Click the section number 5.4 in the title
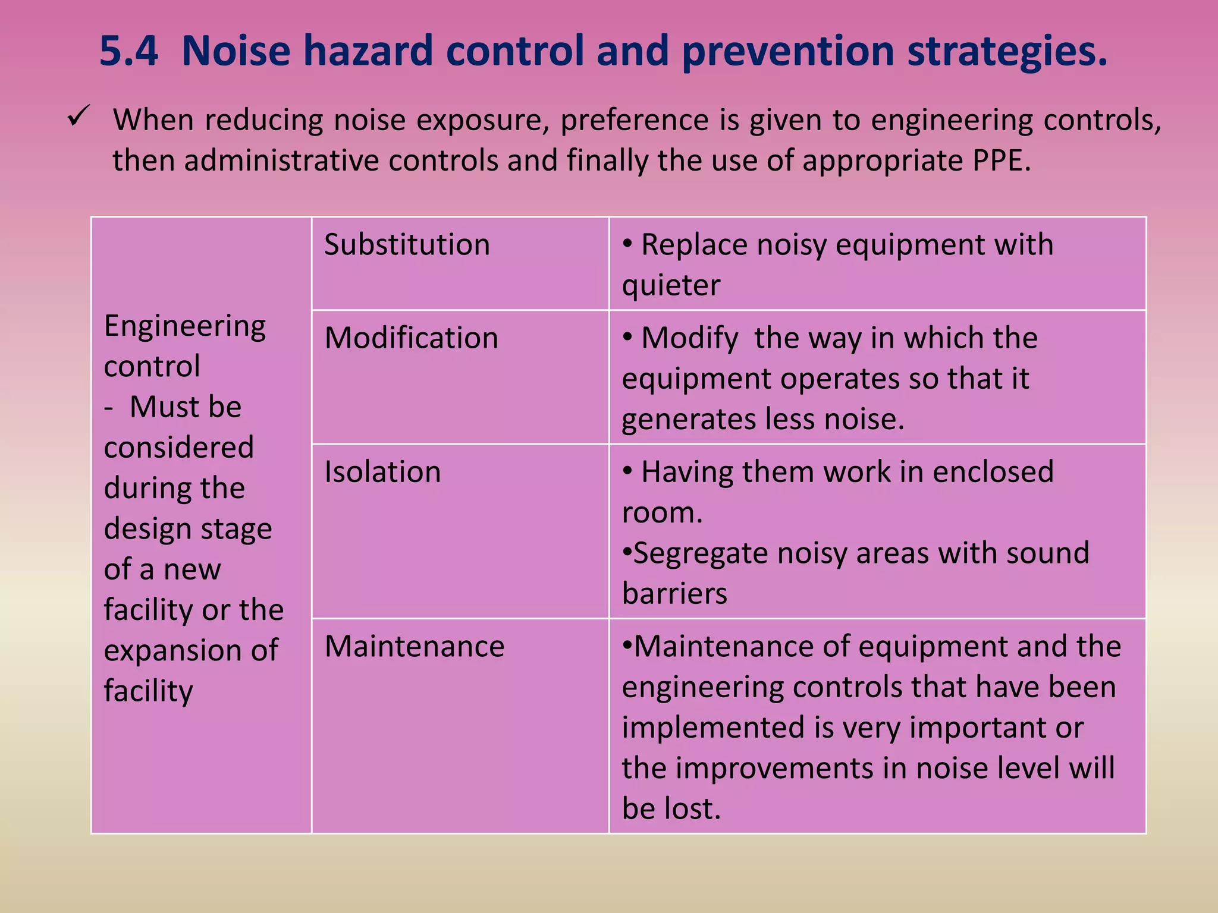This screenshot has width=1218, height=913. point(128,51)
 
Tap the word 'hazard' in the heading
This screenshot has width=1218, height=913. point(368,51)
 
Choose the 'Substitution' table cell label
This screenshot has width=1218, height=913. point(407,244)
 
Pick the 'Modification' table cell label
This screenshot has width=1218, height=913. point(411,338)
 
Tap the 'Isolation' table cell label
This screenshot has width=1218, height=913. point(382,471)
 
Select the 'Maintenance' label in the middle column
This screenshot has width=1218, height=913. point(415,646)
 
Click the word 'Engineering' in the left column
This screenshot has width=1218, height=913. point(185,326)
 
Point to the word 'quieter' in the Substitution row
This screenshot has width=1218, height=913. point(671,285)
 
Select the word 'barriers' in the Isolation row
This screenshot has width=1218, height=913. point(674,593)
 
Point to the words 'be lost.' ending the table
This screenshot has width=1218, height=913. point(671,808)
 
